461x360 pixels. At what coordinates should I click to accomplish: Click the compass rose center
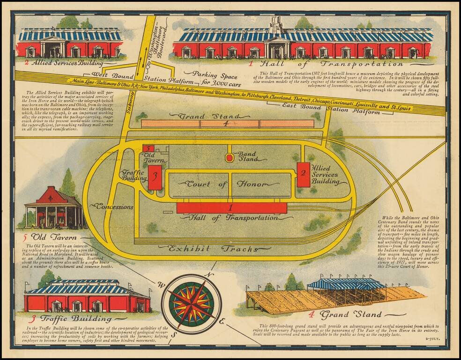point(191,300)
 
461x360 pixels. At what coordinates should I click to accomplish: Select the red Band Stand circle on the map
point(229,158)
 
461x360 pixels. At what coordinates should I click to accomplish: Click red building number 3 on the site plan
point(155,177)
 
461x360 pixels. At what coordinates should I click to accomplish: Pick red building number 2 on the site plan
point(303,174)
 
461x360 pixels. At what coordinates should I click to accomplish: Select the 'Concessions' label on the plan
point(115,206)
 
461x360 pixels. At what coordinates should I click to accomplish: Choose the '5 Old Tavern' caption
point(49,237)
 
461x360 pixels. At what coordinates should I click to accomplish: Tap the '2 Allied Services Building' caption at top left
point(68,61)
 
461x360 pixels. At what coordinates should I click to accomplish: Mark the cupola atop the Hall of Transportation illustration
point(275,24)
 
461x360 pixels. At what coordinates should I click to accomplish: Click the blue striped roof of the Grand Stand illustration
point(346,284)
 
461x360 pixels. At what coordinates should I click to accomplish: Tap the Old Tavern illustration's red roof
point(52,195)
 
